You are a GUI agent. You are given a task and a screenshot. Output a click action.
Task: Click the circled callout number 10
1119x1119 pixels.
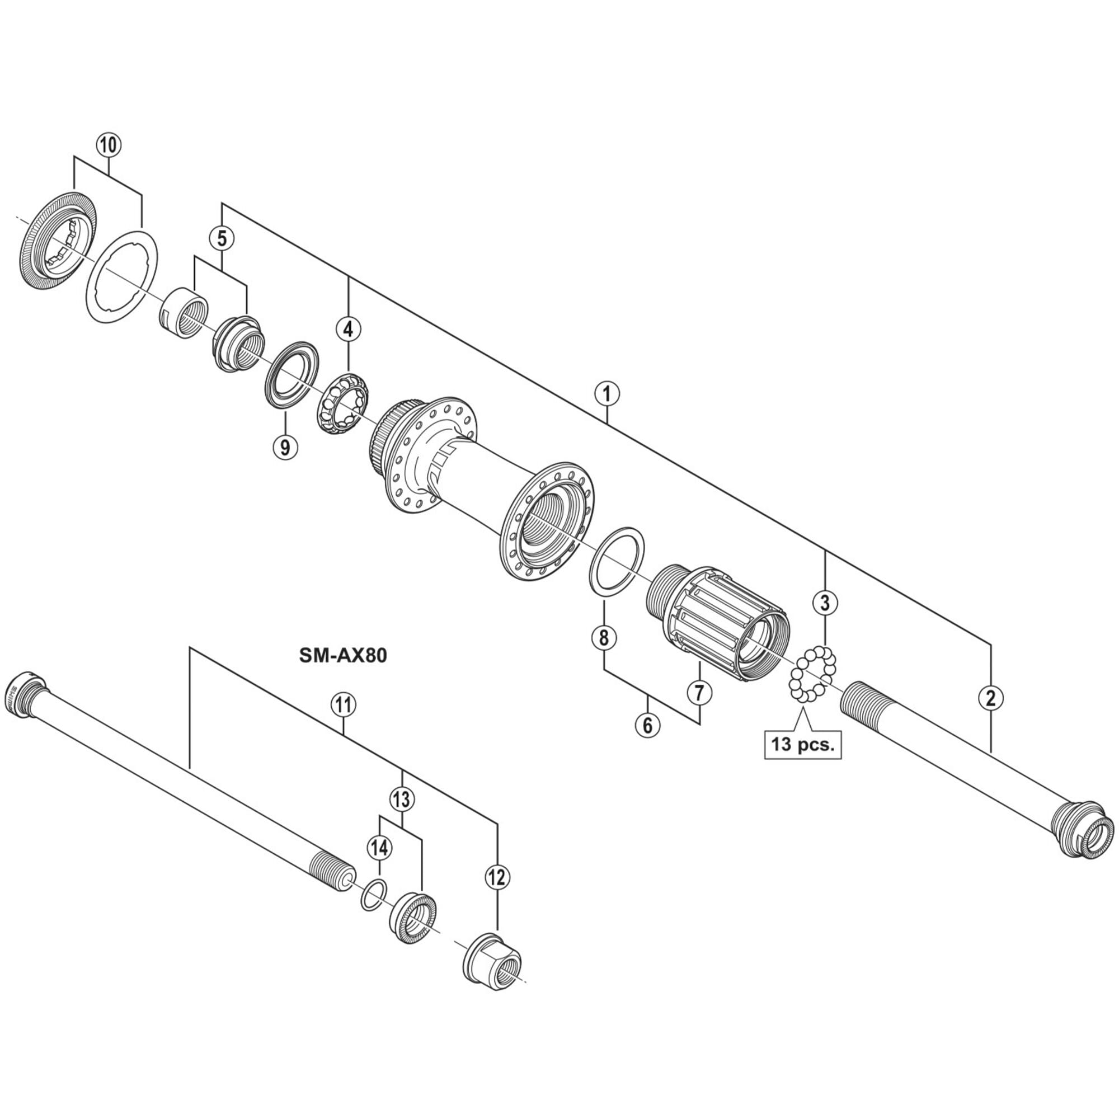(109, 145)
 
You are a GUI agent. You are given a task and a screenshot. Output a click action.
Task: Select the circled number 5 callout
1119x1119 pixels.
(222, 238)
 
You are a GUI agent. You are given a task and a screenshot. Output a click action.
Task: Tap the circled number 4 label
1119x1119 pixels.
(347, 329)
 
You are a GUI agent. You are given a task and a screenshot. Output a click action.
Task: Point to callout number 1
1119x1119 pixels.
(606, 394)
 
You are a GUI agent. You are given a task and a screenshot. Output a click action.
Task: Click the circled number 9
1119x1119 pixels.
(285, 446)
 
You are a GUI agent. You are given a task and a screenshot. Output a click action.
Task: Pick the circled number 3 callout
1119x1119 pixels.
(825, 603)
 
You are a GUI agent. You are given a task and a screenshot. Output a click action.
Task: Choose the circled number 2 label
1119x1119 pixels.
(990, 698)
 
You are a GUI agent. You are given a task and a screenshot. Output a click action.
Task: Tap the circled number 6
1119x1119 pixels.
(647, 725)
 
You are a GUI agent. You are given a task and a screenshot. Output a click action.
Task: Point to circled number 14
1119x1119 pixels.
(379, 849)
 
